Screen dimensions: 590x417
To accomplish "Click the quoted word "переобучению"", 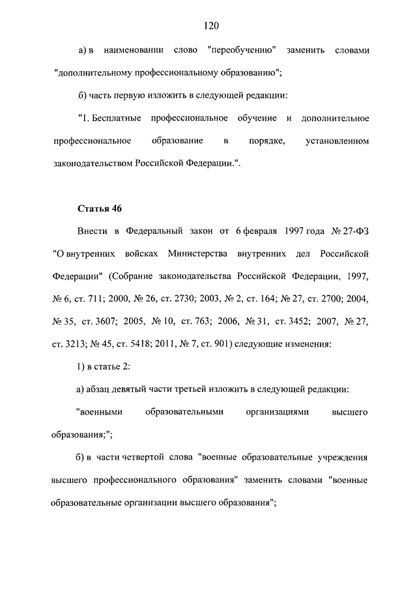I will click(240, 50).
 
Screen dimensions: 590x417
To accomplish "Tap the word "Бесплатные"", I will click(115, 118).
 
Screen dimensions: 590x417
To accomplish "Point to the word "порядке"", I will click(265, 141).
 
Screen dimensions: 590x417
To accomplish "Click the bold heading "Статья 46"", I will click(100, 209).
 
